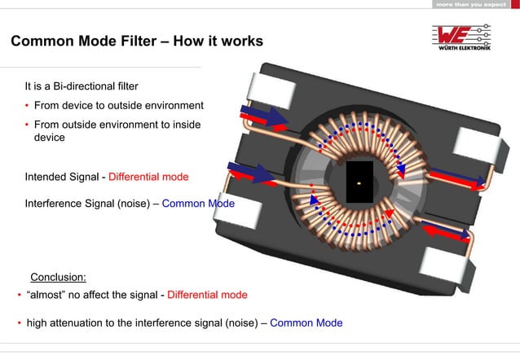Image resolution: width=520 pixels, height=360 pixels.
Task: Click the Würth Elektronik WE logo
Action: (461, 37)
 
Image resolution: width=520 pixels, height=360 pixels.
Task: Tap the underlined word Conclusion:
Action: (59, 277)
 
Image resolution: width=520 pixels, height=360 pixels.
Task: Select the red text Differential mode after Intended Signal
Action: (148, 177)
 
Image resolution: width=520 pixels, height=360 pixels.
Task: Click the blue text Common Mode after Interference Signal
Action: (198, 203)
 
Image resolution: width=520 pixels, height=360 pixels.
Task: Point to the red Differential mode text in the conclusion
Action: (207, 295)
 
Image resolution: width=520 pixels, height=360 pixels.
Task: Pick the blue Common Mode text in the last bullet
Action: (306, 323)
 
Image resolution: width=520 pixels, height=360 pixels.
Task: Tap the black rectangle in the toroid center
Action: (359, 182)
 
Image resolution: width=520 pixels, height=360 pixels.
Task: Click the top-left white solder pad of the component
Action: (273, 90)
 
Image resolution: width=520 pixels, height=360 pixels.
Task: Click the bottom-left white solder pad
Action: (238, 209)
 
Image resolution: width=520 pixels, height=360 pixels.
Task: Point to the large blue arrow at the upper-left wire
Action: (263, 115)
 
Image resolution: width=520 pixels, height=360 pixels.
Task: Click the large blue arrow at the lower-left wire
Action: (251, 171)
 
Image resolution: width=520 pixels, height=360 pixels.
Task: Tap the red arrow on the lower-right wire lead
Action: (446, 232)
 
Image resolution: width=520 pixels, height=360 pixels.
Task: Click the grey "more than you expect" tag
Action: (471, 4)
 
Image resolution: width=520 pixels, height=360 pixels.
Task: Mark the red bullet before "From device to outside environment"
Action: (27, 105)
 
